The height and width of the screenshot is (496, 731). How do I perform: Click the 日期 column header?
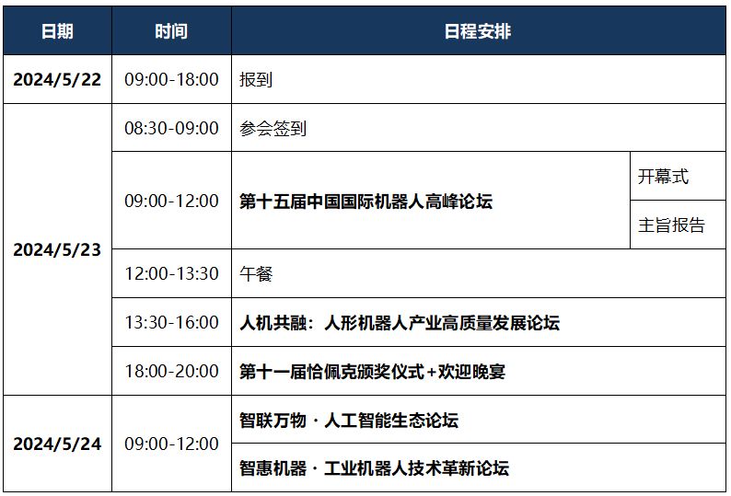coord(57,31)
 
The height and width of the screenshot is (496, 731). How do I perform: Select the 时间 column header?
coord(171,31)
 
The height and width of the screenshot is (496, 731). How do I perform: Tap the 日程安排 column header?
coord(478,31)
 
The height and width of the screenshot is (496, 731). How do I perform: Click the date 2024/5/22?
coord(57,80)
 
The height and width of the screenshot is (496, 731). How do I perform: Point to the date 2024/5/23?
coord(57,250)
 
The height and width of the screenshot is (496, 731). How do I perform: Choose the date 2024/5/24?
coord(57,444)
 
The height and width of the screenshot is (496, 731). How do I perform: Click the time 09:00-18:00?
coord(171,80)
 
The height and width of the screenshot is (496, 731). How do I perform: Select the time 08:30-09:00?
coord(171,128)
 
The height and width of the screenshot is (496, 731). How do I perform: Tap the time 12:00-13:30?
coord(171,273)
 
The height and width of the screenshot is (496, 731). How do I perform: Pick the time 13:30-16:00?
coord(171,323)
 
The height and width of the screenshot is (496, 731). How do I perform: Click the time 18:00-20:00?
coord(171,372)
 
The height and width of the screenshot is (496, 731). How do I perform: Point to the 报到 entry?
coord(256,80)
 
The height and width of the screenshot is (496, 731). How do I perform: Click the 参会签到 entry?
coord(273,129)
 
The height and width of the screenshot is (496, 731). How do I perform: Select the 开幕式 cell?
coord(663,177)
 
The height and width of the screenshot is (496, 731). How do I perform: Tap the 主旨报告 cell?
coord(671,225)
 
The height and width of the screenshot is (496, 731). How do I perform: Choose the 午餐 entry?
coord(256,273)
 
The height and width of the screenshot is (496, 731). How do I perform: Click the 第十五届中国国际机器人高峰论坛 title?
coord(366,202)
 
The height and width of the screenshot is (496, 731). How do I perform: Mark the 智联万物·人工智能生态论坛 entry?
coord(349,421)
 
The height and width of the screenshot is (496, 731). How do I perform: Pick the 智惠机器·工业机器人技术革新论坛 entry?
coord(374,468)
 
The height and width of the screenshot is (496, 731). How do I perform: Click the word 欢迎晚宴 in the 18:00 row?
coord(471,372)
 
